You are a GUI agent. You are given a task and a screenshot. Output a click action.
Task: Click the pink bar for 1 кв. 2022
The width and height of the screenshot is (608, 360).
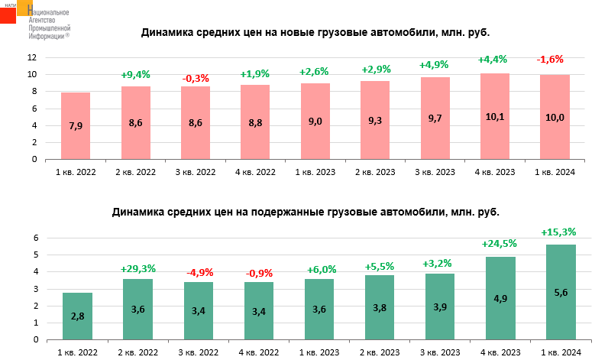[x=76, y=126]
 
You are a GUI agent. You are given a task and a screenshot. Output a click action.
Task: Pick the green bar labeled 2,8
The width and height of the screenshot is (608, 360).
[x=78, y=316]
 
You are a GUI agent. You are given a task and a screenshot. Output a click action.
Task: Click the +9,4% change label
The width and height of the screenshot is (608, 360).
[x=135, y=74]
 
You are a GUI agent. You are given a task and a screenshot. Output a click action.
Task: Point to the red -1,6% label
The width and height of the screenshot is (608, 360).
[x=550, y=59]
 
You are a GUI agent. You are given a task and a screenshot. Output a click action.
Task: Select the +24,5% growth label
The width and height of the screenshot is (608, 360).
[x=500, y=244]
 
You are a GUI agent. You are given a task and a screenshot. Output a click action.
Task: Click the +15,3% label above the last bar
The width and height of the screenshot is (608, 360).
[x=558, y=232]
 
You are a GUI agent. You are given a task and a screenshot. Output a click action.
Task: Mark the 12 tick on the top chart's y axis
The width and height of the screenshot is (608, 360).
[x=32, y=57]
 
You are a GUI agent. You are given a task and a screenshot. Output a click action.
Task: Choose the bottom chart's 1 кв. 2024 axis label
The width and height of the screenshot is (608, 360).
[x=561, y=351]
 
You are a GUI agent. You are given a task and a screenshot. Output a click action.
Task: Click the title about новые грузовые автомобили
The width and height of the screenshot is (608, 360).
[x=315, y=33]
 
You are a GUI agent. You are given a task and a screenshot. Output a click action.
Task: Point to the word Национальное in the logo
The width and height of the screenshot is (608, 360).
[x=49, y=13]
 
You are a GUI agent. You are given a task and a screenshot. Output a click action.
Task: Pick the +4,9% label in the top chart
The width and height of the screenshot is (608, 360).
[x=434, y=64]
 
